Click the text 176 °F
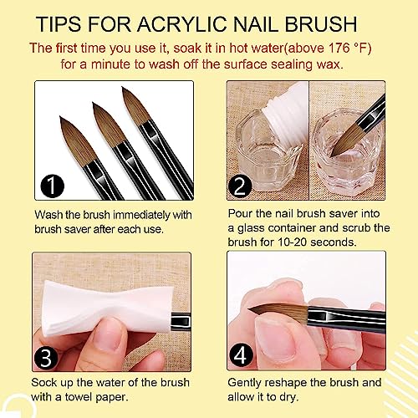tap(352, 46)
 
